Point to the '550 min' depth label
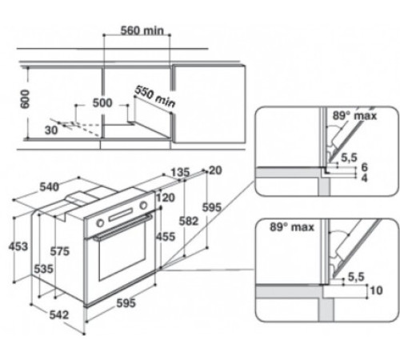pyautogui.click(x=154, y=96)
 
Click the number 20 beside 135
pyautogui.click(x=214, y=170)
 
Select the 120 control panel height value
pyautogui.click(x=166, y=198)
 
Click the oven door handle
pyautogui.click(x=120, y=234)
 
